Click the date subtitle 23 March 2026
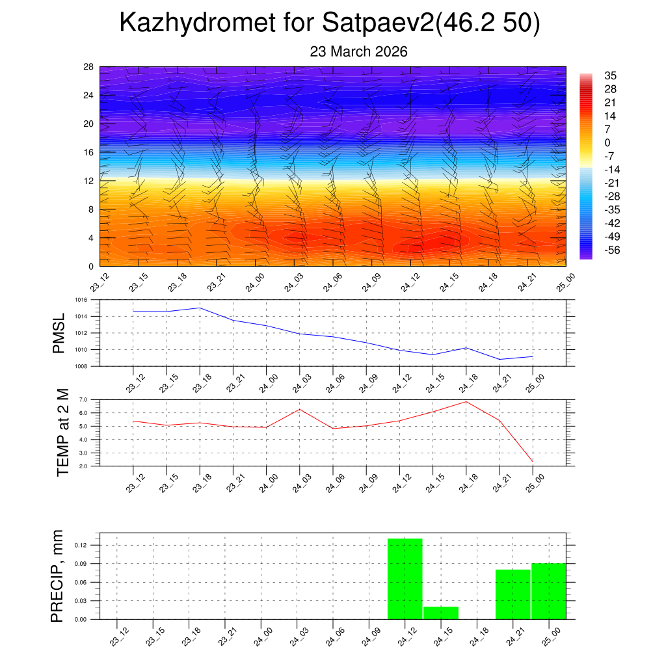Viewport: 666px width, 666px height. [x=358, y=52]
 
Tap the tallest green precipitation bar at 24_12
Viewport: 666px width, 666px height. [x=405, y=579]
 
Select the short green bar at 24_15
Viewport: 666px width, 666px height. [x=441, y=613]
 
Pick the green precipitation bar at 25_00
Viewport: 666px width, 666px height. [x=548, y=591]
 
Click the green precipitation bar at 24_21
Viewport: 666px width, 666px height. [x=513, y=594]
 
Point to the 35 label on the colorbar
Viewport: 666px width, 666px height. [x=611, y=75]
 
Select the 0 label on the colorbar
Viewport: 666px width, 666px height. [x=607, y=142]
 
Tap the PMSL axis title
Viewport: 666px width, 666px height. [x=59, y=334]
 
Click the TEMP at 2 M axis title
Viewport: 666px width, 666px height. [x=62, y=433]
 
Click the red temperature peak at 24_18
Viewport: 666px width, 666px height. [x=466, y=401]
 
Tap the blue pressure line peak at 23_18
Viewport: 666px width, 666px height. [x=200, y=308]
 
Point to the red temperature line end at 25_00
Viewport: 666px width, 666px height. [x=533, y=461]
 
